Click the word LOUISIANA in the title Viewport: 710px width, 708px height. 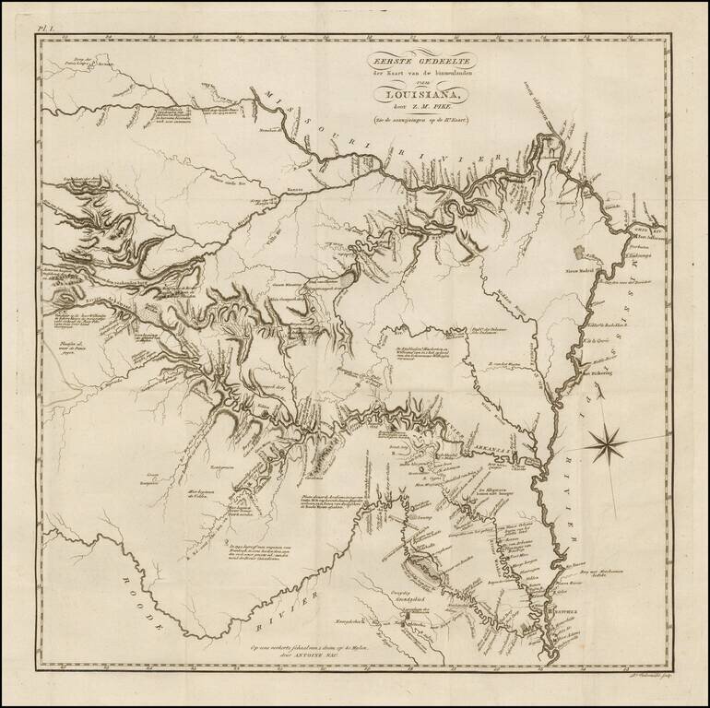420,91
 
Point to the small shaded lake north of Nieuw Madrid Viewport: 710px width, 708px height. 577,252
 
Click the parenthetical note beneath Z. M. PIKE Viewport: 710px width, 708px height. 420,120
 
